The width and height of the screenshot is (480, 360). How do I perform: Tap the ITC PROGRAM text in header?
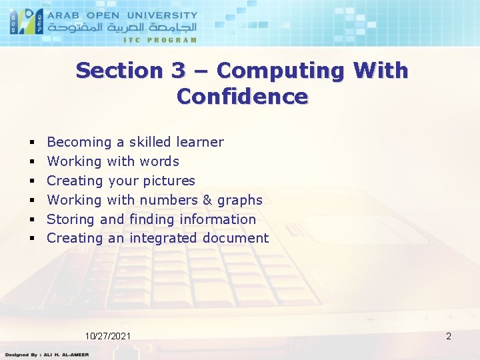click(160, 40)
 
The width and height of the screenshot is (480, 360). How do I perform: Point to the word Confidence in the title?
click(242, 97)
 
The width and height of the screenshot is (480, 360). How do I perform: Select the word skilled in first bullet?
click(150, 142)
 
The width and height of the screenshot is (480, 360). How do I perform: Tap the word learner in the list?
click(200, 142)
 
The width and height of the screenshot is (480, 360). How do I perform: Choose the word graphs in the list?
click(239, 200)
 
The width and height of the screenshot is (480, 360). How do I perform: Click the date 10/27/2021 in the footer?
click(108, 336)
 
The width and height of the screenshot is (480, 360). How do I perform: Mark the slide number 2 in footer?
click(449, 336)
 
